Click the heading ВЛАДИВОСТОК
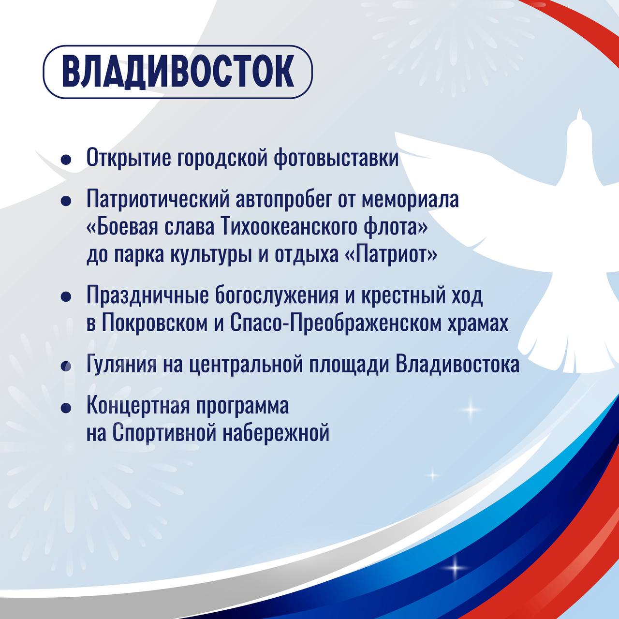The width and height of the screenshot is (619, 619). tap(177, 72)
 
